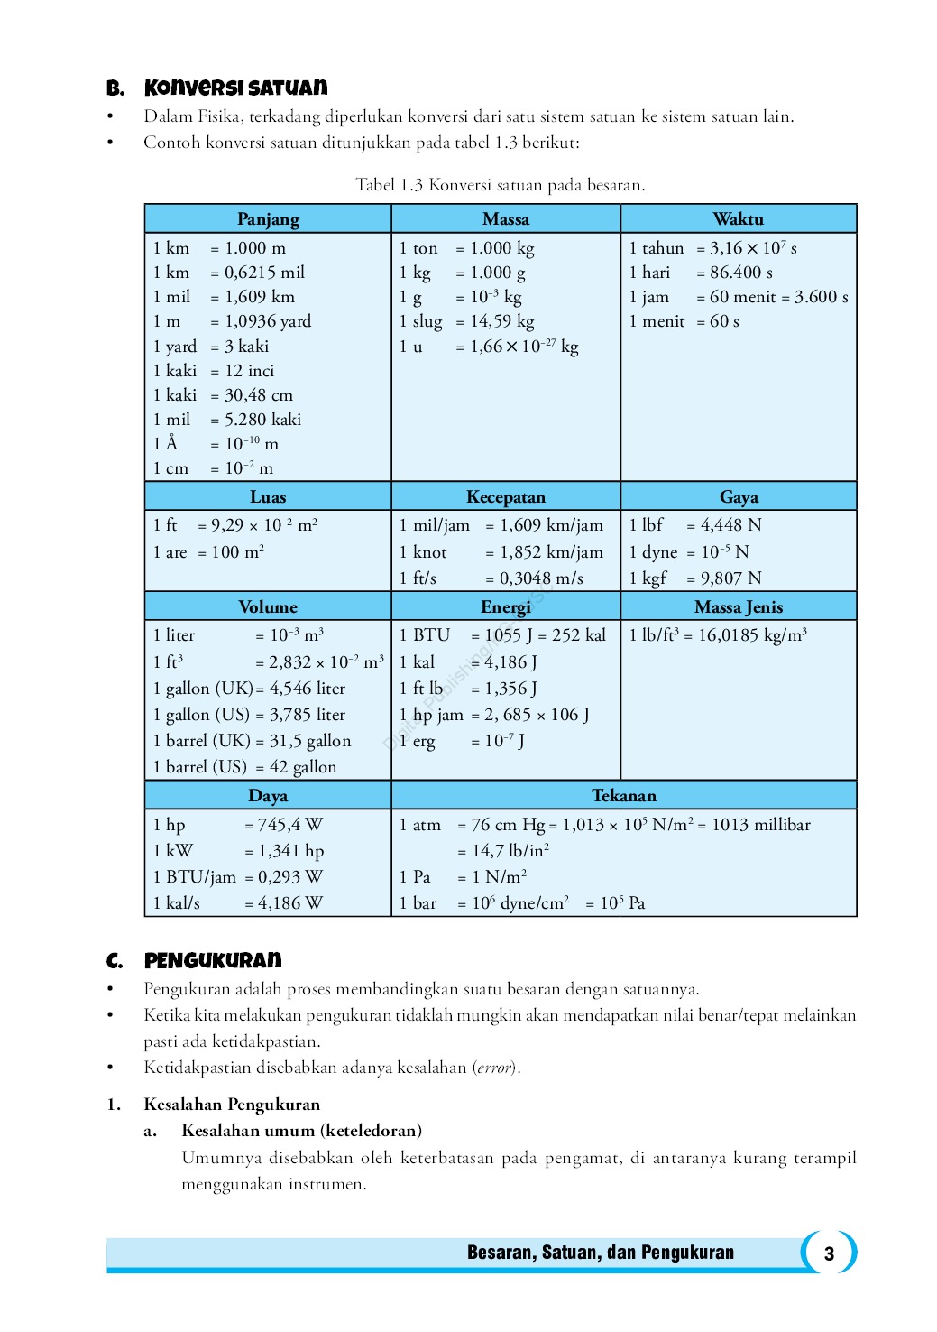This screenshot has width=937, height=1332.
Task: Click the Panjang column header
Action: (268, 219)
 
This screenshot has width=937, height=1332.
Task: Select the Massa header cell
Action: (505, 219)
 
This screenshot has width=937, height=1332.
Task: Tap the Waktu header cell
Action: (738, 219)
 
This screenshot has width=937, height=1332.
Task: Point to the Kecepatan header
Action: (505, 497)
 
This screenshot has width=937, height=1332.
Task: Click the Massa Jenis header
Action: (738, 607)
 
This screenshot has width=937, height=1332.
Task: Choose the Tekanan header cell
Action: (623, 796)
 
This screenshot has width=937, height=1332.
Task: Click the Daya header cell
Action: (268, 796)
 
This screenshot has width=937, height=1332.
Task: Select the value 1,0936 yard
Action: (268, 321)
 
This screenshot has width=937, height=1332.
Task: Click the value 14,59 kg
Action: (501, 321)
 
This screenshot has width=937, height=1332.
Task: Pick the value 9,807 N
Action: (730, 578)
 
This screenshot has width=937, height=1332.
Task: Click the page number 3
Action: (829, 1253)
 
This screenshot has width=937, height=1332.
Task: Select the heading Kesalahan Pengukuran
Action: (232, 1105)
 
